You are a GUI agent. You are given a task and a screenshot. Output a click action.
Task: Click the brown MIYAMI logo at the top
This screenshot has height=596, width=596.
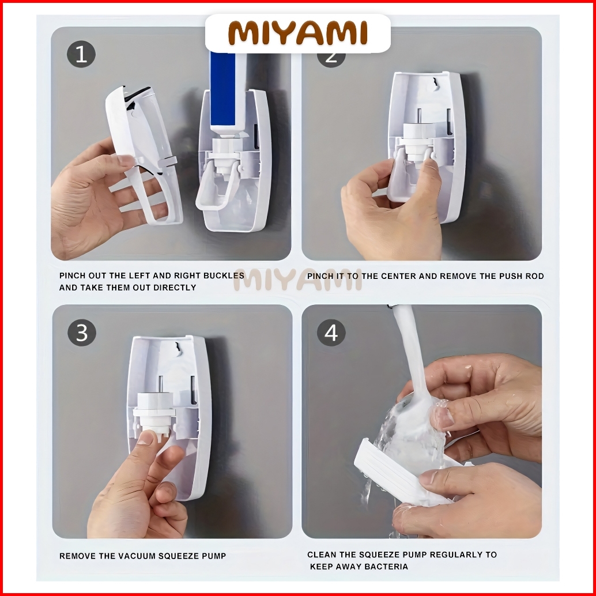click(297, 33)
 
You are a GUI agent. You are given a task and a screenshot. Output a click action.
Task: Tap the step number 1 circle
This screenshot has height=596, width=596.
click(81, 54)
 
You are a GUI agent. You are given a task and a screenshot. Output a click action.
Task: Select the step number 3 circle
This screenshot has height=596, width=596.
click(82, 333)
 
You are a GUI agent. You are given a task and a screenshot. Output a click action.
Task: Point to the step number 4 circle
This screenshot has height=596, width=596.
click(331, 333)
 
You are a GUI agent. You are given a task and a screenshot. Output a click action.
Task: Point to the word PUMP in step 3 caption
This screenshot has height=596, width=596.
click(214, 556)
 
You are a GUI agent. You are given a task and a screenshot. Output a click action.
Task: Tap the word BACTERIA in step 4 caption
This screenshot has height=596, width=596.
click(386, 567)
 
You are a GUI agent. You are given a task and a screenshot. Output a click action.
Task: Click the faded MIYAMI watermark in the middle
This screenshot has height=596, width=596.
click(297, 280)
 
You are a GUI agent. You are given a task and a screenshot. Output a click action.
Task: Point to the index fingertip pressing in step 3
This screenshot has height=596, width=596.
click(146, 438)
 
